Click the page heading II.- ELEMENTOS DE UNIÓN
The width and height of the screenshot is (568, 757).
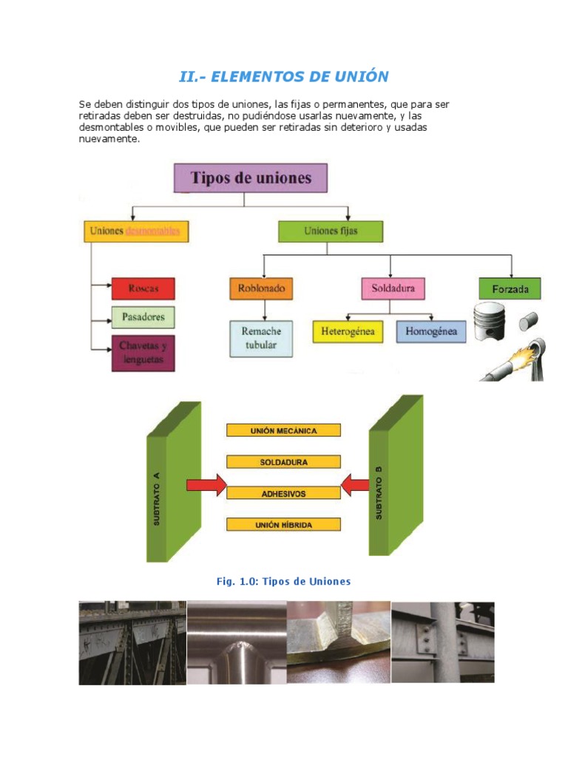(284, 76)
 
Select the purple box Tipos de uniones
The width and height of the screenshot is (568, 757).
(251, 178)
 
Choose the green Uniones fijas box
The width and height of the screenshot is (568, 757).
(331, 231)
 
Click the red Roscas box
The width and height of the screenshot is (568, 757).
(143, 288)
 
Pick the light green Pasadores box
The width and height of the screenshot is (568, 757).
(143, 317)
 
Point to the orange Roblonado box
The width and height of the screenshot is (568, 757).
(261, 288)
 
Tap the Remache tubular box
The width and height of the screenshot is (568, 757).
(261, 338)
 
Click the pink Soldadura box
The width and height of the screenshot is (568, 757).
(393, 288)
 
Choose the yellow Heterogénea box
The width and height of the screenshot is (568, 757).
(348, 331)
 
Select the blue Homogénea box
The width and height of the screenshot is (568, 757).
(431, 331)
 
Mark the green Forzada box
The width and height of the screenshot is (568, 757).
(510, 288)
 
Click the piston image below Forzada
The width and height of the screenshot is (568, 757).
(489, 322)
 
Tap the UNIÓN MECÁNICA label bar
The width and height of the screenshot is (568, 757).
(283, 430)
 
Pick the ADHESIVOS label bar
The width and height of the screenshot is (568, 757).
(283, 492)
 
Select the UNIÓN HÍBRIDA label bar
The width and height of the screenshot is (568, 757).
(283, 525)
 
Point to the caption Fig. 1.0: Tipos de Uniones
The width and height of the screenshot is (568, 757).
(283, 582)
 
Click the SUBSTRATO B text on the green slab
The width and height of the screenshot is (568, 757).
(379, 492)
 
